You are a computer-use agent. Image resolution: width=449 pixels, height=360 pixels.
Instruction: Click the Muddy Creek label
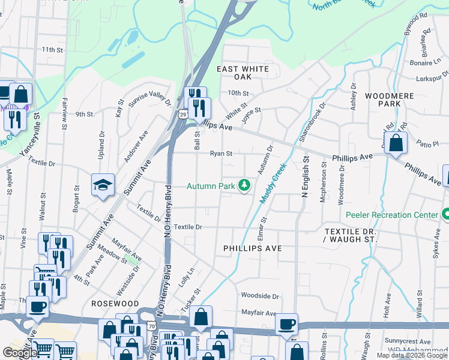[272, 182]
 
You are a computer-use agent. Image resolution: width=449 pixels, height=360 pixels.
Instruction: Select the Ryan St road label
[220, 154]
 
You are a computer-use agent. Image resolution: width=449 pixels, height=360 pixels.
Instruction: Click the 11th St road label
[52, 49]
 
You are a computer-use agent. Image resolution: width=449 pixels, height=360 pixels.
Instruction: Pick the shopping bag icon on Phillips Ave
[396, 143]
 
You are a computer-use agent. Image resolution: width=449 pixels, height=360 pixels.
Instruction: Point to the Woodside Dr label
[260, 296]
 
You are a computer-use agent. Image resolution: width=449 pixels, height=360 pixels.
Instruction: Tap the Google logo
[19, 353]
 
